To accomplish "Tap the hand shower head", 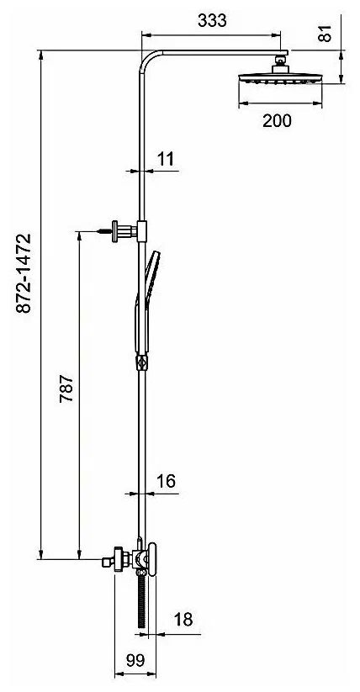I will pos(151,269).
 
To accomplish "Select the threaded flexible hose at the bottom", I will pos(142,600).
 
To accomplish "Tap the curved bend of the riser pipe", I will pos(148,62).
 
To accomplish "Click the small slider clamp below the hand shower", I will pos(141,364).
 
